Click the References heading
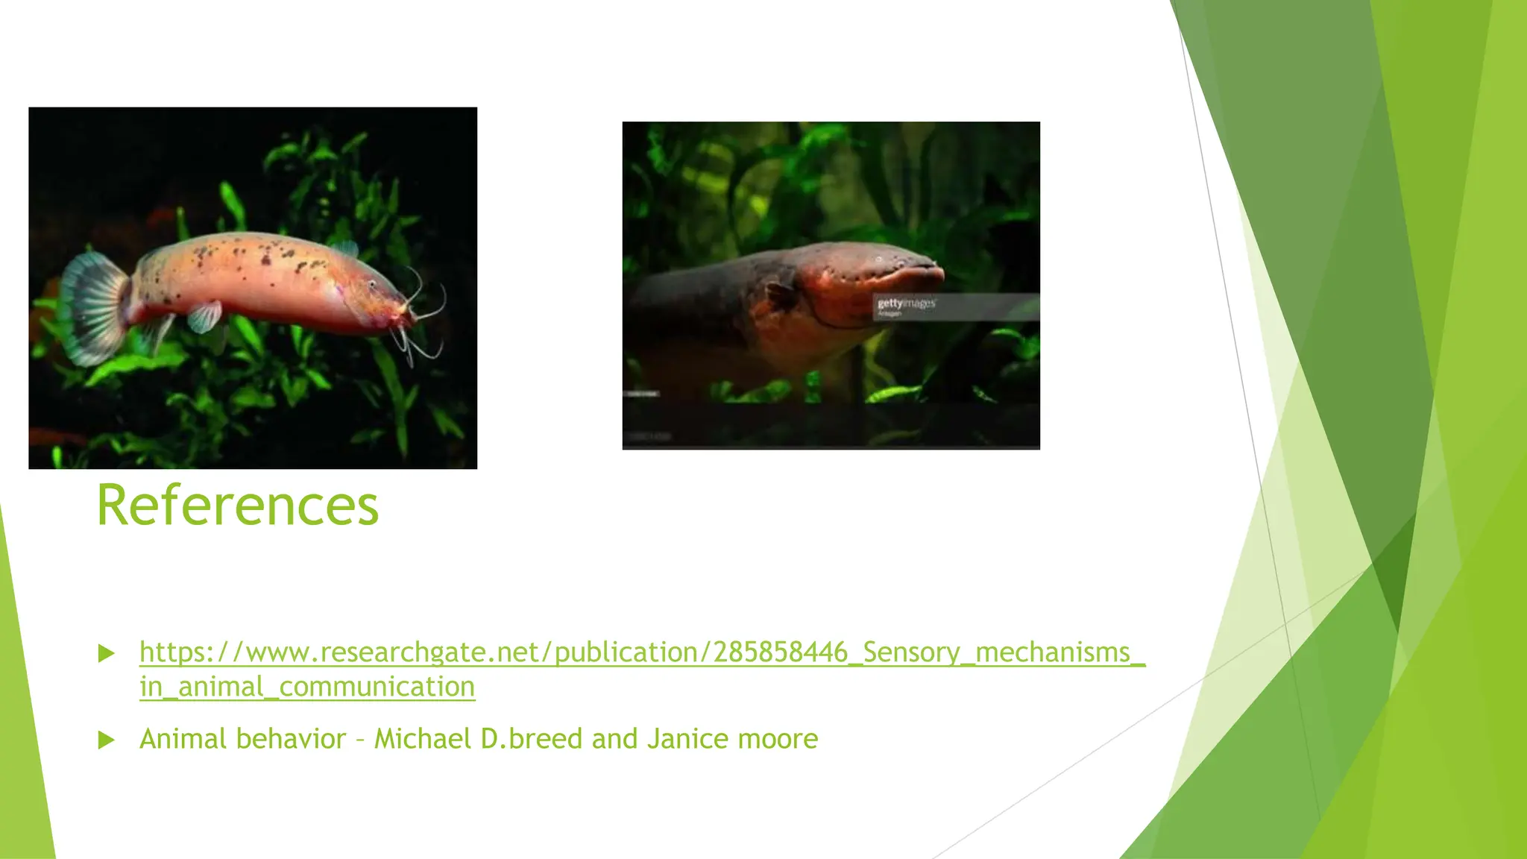(237, 506)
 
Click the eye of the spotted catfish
(372, 286)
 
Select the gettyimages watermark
(906, 303)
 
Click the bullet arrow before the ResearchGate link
(107, 654)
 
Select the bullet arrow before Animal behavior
(107, 740)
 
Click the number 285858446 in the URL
(780, 652)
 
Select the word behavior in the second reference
(291, 739)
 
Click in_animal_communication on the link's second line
(307, 687)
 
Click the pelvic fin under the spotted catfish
(204, 316)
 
